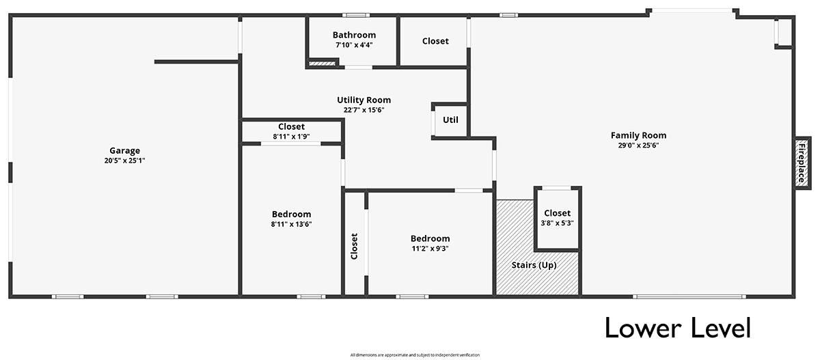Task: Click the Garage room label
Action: [124, 150]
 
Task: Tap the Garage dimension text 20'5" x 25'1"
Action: [124, 161]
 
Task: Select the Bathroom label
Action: [354, 35]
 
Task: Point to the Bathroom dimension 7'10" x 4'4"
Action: [354, 45]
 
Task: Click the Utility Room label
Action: [364, 100]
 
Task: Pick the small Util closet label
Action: [450, 120]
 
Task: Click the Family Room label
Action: [638, 135]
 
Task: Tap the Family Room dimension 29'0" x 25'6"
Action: [638, 146]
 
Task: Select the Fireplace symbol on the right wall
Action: [802, 163]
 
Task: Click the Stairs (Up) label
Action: [534, 265]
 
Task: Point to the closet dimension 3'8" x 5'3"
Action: [557, 223]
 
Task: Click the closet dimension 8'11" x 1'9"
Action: [291, 137]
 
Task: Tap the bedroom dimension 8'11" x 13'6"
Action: [291, 224]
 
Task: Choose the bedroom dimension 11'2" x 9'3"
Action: [430, 249]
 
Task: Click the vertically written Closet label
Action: [354, 246]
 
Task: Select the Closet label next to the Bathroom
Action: [435, 41]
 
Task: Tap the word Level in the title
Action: [720, 328]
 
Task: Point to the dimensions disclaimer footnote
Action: [415, 355]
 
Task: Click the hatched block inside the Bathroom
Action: [322, 64]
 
